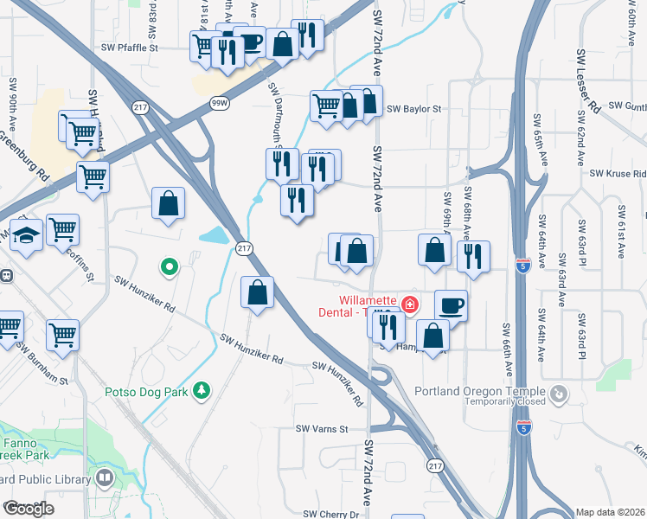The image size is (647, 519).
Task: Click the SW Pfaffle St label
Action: click(130, 48)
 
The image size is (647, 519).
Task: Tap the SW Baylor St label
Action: click(414, 109)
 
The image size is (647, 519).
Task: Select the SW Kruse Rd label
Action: click(618, 174)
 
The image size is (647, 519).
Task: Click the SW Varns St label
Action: click(321, 429)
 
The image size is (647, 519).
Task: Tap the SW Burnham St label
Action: click(42, 367)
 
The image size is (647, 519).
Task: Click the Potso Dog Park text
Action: click(146, 392)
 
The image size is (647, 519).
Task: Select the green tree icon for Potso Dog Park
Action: click(202, 391)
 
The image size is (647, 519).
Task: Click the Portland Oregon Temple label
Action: click(480, 391)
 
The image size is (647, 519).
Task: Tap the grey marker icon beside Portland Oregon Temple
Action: click(560, 394)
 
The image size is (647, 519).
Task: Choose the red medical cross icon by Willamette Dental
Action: click(409, 304)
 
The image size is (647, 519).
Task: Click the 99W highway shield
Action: click(221, 103)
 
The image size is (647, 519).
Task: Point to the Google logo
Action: click(29, 509)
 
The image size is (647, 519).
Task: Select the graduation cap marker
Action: click(27, 234)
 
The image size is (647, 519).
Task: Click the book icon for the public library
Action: click(105, 477)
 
